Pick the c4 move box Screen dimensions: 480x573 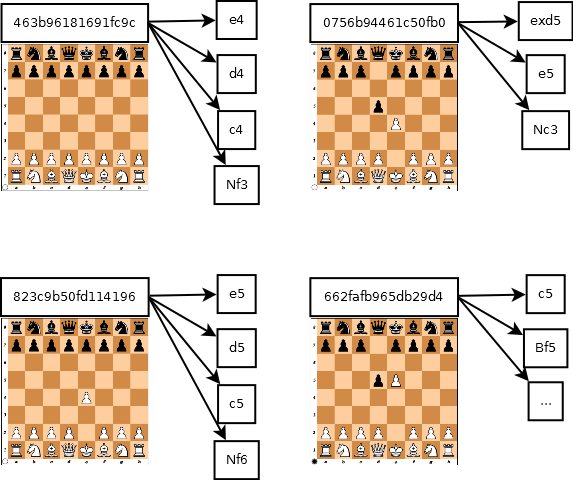(237, 129)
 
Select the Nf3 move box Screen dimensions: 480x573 (237, 184)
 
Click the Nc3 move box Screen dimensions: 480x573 (546, 129)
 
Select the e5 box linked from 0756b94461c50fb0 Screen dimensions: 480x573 (546, 74)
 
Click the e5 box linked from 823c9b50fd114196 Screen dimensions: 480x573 (237, 295)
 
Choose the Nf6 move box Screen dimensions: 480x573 (237, 459)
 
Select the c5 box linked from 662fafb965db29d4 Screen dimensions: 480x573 (546, 295)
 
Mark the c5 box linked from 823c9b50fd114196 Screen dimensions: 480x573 (237, 404)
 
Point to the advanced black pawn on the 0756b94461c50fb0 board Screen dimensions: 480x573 (378, 106)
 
